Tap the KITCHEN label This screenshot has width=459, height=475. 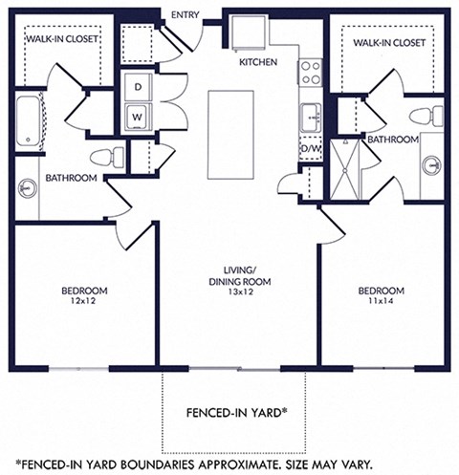tap(258, 62)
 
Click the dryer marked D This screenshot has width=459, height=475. tap(138, 87)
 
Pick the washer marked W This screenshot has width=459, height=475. tap(138, 118)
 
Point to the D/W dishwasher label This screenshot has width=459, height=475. tap(311, 149)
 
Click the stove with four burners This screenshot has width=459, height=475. tap(310, 74)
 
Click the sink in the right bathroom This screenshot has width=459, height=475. tap(431, 164)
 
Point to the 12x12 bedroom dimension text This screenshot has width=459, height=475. tap(84, 301)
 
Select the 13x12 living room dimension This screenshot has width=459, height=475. tap(241, 293)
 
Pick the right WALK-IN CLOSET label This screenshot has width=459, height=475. tap(388, 44)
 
